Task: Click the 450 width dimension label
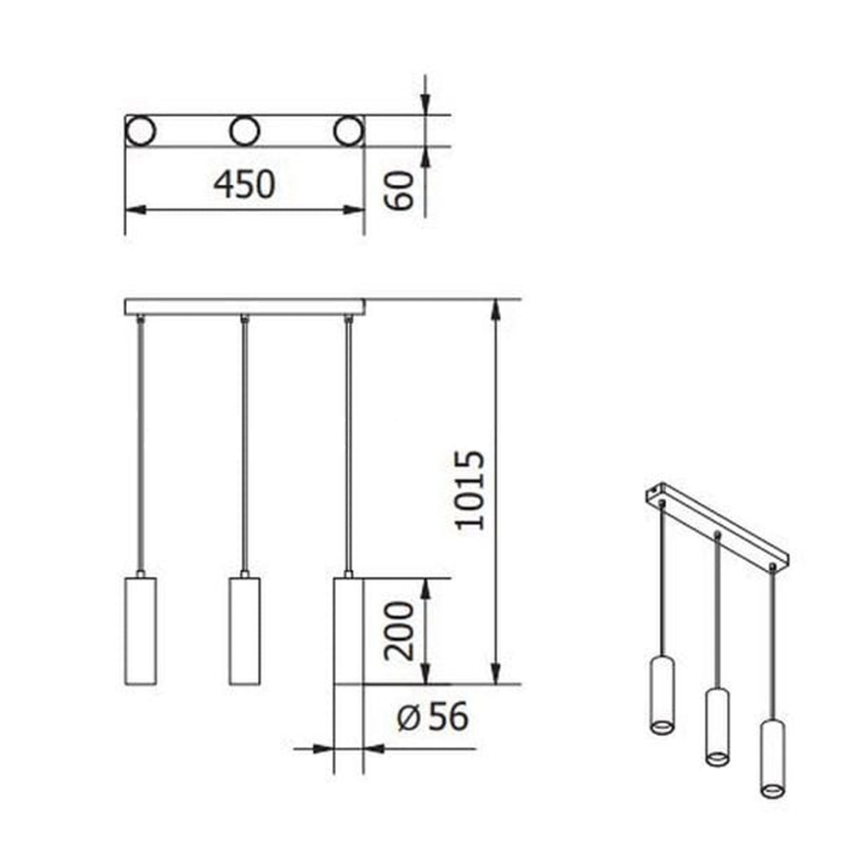pyautogui.click(x=245, y=184)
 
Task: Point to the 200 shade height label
pyautogui.click(x=399, y=630)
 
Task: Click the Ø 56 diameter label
pyautogui.click(x=432, y=718)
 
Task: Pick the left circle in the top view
pyautogui.click(x=139, y=131)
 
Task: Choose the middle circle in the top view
pyautogui.click(x=244, y=131)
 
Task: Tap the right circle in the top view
pyautogui.click(x=349, y=131)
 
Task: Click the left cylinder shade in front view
pyautogui.click(x=139, y=631)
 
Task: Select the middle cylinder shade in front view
pyautogui.click(x=244, y=631)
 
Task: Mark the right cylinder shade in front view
pyautogui.click(x=347, y=631)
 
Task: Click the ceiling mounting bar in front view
pyautogui.click(x=244, y=307)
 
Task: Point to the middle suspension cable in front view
pyautogui.click(x=244, y=444)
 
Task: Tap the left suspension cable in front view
pyautogui.click(x=140, y=444)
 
